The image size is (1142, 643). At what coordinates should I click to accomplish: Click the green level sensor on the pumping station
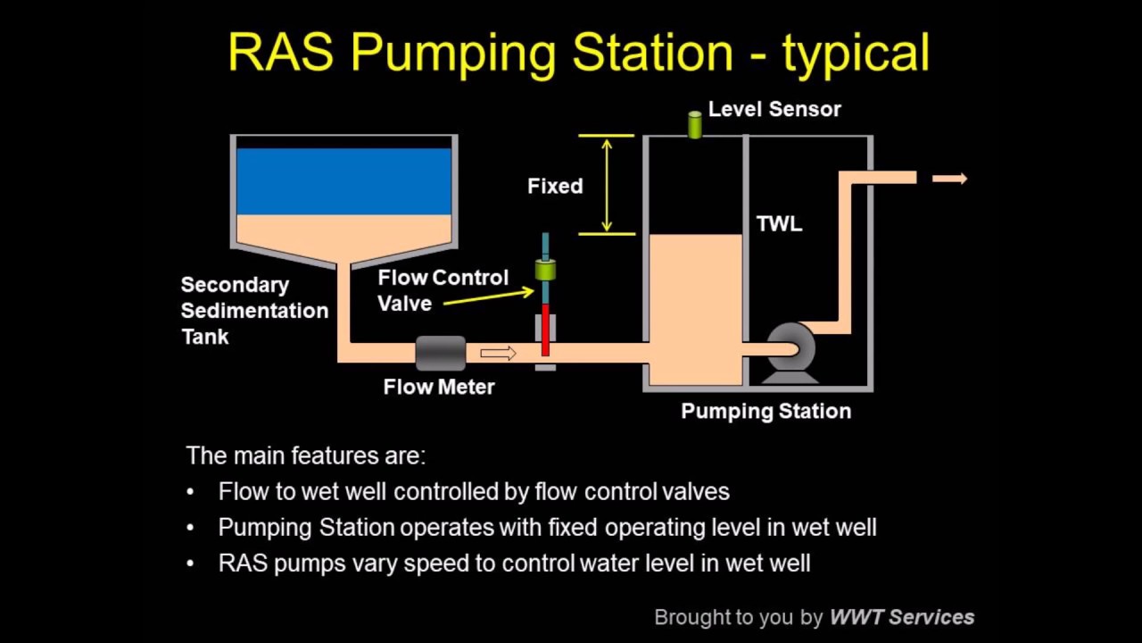pos(695,125)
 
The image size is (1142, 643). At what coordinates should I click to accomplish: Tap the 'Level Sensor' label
pos(774,109)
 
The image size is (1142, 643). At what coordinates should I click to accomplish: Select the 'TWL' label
pos(779,223)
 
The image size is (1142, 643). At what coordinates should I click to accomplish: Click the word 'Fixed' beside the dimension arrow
pos(555,186)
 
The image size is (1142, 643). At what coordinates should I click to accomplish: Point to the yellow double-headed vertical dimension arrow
pos(607,185)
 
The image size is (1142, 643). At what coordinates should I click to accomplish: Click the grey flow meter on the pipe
pos(440,353)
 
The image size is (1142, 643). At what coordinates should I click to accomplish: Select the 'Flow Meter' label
pos(439,387)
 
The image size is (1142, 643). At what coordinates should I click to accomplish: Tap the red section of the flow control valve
pos(545,328)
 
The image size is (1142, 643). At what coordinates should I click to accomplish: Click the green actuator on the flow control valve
pos(545,269)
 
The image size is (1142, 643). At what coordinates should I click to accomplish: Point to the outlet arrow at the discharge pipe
pos(949,179)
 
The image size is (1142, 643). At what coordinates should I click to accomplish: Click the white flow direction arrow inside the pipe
pos(498,354)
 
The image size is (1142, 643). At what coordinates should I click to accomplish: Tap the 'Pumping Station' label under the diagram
pos(765,411)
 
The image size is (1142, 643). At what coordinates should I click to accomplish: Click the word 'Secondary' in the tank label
pos(235,285)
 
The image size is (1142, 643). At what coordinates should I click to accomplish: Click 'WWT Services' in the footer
pos(901,617)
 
